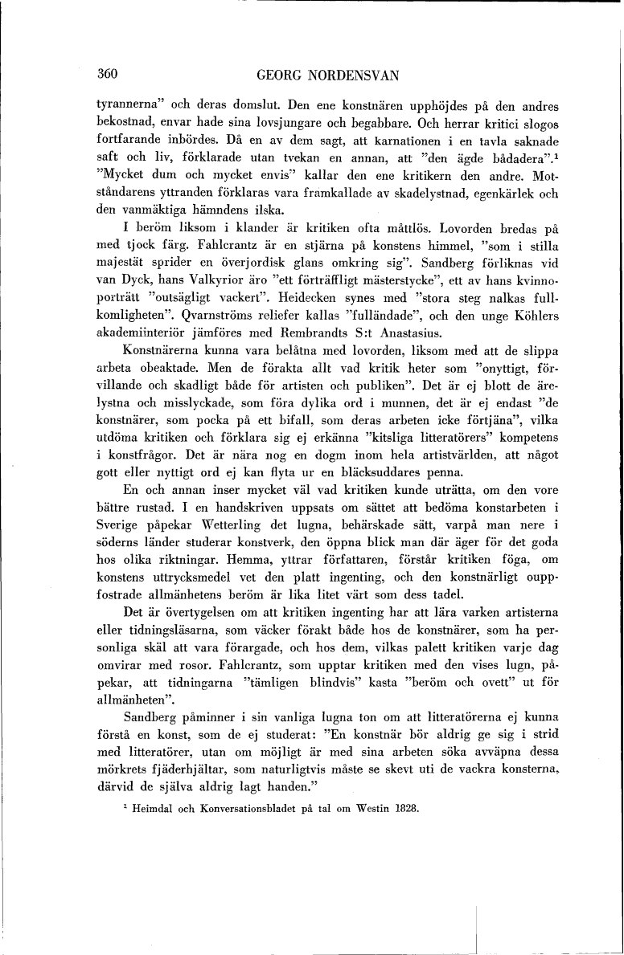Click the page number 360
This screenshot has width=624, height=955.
107,75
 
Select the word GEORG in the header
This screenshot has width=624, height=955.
277,76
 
